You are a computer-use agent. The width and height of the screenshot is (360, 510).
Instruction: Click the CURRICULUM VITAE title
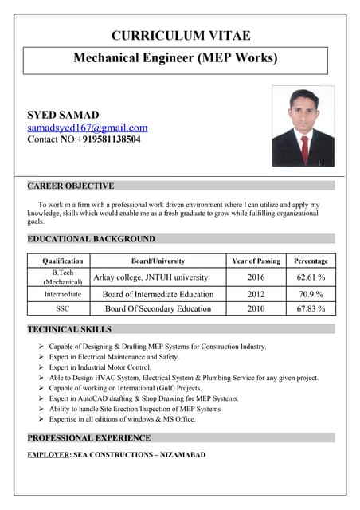[x=181, y=35]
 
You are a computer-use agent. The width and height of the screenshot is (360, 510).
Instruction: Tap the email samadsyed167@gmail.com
[x=88, y=127]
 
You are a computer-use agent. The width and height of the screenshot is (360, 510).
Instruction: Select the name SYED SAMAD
[x=64, y=115]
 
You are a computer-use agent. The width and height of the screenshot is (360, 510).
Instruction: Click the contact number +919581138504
[x=109, y=139]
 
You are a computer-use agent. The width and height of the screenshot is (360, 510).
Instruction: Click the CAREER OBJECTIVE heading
[x=71, y=186]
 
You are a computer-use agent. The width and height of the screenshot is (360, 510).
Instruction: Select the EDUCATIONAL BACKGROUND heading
[x=92, y=238]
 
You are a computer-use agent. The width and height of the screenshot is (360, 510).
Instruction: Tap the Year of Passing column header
[x=256, y=261]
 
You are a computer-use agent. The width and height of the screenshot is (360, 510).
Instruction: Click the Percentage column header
[x=311, y=261]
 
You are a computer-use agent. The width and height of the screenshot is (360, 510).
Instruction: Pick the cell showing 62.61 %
[x=311, y=277]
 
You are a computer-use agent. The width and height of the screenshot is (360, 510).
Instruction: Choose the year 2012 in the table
[x=256, y=294]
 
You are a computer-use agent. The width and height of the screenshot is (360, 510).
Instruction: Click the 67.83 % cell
[x=311, y=308]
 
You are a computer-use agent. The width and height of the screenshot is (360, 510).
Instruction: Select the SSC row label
[x=62, y=308]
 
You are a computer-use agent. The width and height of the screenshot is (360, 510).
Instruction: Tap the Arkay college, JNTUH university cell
[x=151, y=277]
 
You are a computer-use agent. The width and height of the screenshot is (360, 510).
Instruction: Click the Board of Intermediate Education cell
[x=158, y=294]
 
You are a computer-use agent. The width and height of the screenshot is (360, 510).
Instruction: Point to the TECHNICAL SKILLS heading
[x=70, y=328]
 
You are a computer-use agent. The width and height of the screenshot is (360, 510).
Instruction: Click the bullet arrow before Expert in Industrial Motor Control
[x=41, y=367]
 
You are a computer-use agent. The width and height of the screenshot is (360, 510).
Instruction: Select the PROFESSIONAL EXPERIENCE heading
[x=89, y=437]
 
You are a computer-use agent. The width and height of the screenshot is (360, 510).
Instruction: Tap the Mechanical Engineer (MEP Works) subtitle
[x=175, y=58]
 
